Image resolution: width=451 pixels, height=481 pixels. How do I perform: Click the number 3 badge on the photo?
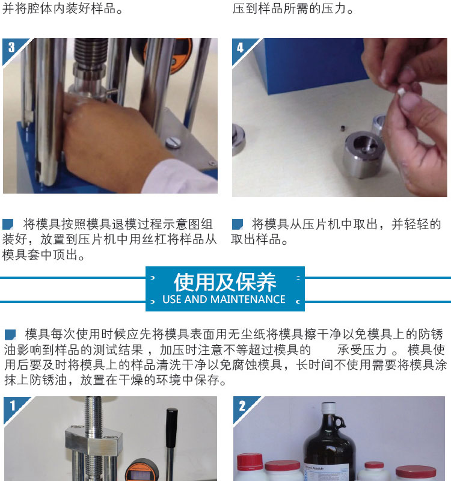11,47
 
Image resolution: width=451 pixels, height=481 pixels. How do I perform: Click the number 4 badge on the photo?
240,47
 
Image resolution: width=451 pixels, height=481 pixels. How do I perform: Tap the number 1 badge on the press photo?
13,406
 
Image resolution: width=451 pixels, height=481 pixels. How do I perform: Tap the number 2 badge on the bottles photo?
242,406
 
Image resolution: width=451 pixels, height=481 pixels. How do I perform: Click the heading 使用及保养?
225,282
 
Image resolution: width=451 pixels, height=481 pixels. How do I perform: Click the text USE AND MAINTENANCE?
224,299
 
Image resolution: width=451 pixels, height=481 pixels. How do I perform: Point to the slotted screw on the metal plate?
173,142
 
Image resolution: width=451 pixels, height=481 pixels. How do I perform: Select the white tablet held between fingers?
400,92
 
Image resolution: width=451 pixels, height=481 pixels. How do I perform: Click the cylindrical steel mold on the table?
363,155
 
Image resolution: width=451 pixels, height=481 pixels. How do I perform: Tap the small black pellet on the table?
343,127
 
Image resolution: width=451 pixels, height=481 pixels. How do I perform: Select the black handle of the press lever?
172,429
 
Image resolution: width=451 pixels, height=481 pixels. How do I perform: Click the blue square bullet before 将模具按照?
8,224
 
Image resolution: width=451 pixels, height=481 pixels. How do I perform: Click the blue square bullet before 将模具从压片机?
237,224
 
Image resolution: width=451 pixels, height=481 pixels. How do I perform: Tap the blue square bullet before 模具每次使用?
10,334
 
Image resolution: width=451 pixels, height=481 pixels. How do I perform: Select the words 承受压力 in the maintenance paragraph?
362,350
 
